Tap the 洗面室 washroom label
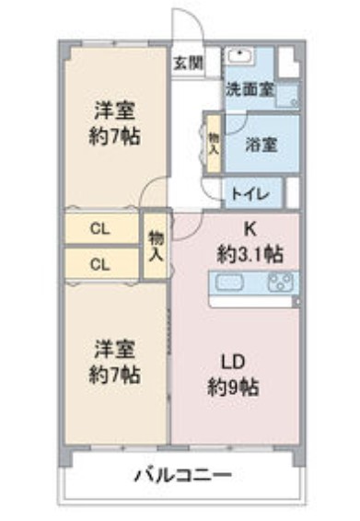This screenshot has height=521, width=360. coord(250,90)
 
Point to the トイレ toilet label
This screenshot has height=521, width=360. coord(250,193)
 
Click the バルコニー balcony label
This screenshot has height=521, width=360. coord(182,476)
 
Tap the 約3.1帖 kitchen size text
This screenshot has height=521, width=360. coord(250,252)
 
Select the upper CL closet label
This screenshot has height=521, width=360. coord(101,228)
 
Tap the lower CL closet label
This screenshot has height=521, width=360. coord(101,263)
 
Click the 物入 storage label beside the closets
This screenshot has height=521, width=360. coord(156,245)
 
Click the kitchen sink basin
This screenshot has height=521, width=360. coord(229,284)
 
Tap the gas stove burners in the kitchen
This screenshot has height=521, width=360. coord(277,284)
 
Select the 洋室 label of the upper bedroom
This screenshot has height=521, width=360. coord(115,112)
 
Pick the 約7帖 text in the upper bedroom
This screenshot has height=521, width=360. coord(115,138)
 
